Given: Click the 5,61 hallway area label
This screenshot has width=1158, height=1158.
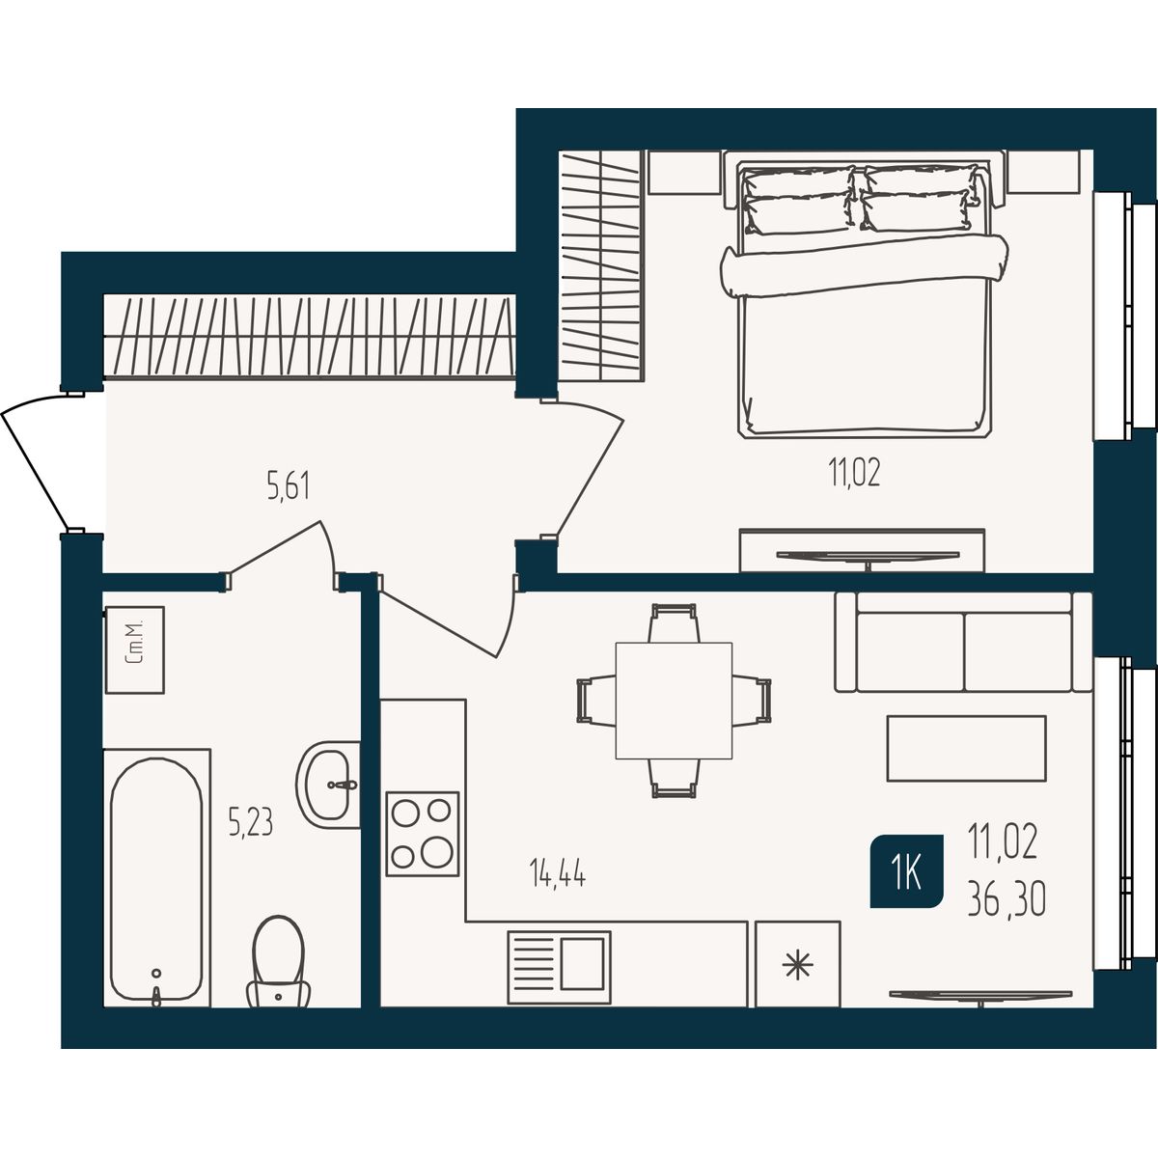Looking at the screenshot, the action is point(289,486).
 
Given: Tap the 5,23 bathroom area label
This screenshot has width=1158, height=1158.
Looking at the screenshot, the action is point(251,822).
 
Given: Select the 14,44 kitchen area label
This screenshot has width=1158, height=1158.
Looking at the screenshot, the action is point(557,873).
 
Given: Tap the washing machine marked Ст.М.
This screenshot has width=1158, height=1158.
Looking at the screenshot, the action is point(134,649).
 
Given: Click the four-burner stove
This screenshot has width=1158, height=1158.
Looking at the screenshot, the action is point(423,834).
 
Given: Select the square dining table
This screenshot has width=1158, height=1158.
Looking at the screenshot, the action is point(674,700).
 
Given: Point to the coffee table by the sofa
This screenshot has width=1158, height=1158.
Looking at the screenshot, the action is point(967,748).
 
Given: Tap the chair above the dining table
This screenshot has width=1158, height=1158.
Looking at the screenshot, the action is point(674,622).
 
